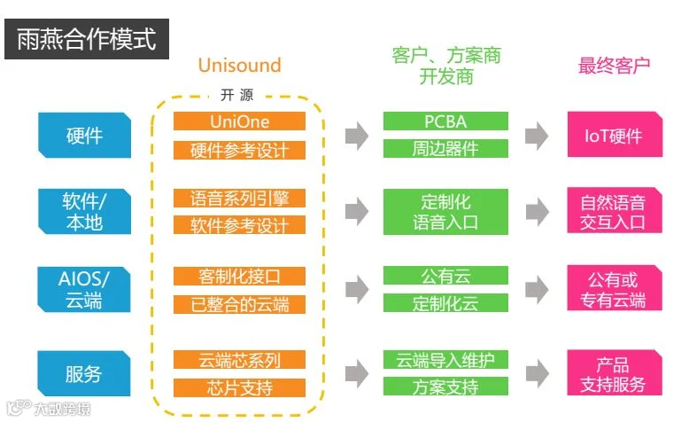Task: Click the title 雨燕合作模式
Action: (87, 39)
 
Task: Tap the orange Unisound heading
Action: (239, 65)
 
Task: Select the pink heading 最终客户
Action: (614, 66)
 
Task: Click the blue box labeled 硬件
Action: (84, 135)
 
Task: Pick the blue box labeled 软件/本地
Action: (84, 211)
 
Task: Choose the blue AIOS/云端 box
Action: (84, 290)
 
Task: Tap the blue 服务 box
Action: (84, 373)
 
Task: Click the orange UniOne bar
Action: (239, 121)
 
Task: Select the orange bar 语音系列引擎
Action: (239, 198)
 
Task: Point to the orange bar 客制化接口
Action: (239, 276)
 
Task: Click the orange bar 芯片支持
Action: (239, 387)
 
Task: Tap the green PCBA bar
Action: (445, 121)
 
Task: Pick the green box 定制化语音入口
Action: (445, 212)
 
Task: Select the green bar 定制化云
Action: (445, 302)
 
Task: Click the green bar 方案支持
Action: (445, 387)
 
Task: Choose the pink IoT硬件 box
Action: (615, 134)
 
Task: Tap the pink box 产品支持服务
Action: (615, 372)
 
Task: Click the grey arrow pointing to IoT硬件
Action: (537, 136)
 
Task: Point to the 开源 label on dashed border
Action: (236, 95)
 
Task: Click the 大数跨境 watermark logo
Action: (50, 408)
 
